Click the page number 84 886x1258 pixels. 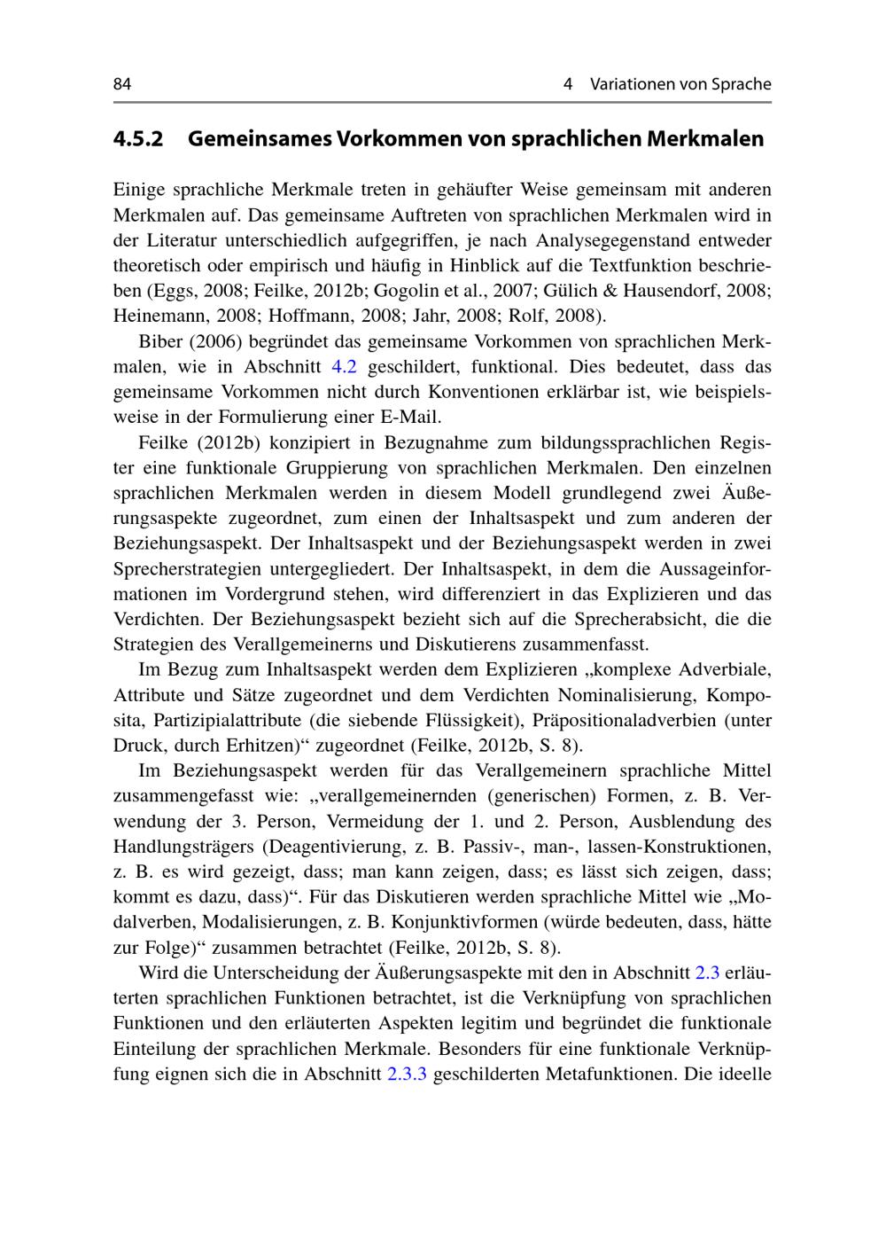click(122, 84)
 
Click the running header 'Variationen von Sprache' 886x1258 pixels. click(680, 84)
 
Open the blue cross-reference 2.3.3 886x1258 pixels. click(408, 1074)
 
